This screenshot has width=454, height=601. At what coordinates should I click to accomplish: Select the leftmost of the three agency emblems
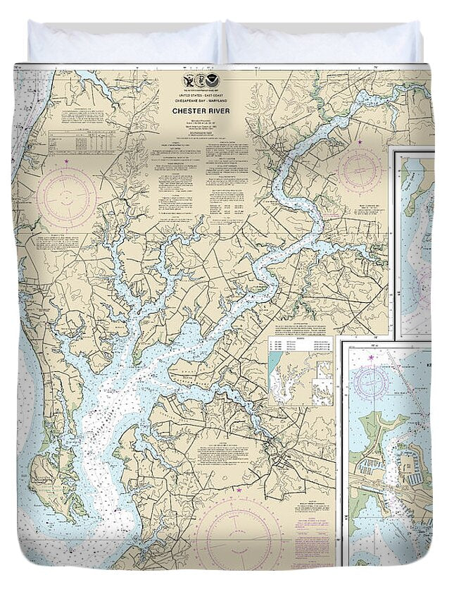point(188,82)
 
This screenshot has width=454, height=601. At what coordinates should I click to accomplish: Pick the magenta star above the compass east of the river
point(360,143)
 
